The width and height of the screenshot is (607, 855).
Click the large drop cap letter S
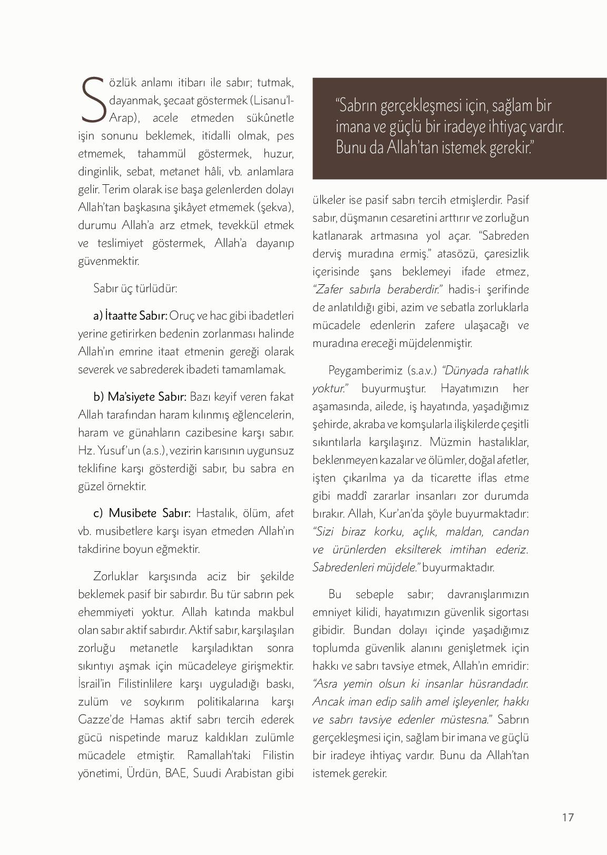click(x=93, y=99)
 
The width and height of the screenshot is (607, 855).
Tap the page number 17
click(x=567, y=817)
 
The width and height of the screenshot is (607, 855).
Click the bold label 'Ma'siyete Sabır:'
click(x=147, y=396)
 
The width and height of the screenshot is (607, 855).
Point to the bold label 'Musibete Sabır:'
click(x=150, y=513)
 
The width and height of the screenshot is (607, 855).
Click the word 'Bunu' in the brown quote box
click(x=351, y=148)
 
